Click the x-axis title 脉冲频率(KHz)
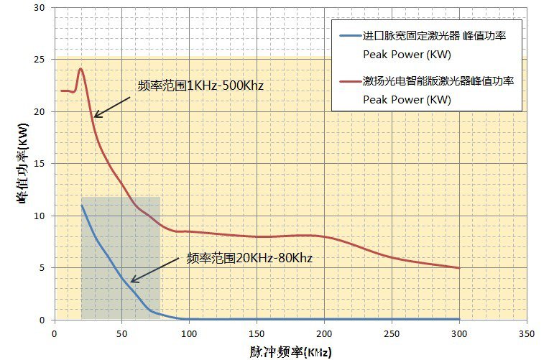pos(291,351)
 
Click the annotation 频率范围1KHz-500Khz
pos(200,86)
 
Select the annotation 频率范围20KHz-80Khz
pos(249,257)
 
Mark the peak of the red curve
pos(80,69)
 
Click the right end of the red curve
pos(459,268)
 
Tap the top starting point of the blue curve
pos(81,206)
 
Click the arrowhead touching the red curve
pos(96,116)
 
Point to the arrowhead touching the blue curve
pos(132,281)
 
